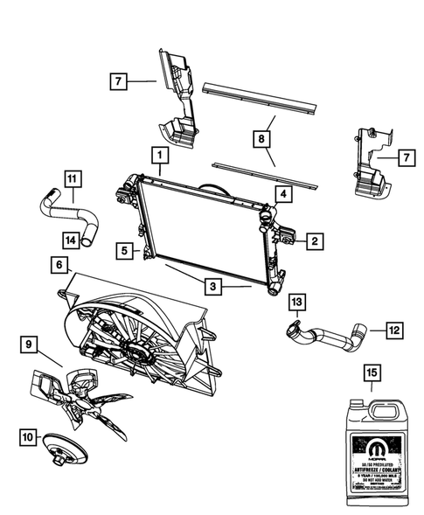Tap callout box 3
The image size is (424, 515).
[212, 285]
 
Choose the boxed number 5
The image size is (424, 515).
[127, 251]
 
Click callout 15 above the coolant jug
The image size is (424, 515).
[372, 373]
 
